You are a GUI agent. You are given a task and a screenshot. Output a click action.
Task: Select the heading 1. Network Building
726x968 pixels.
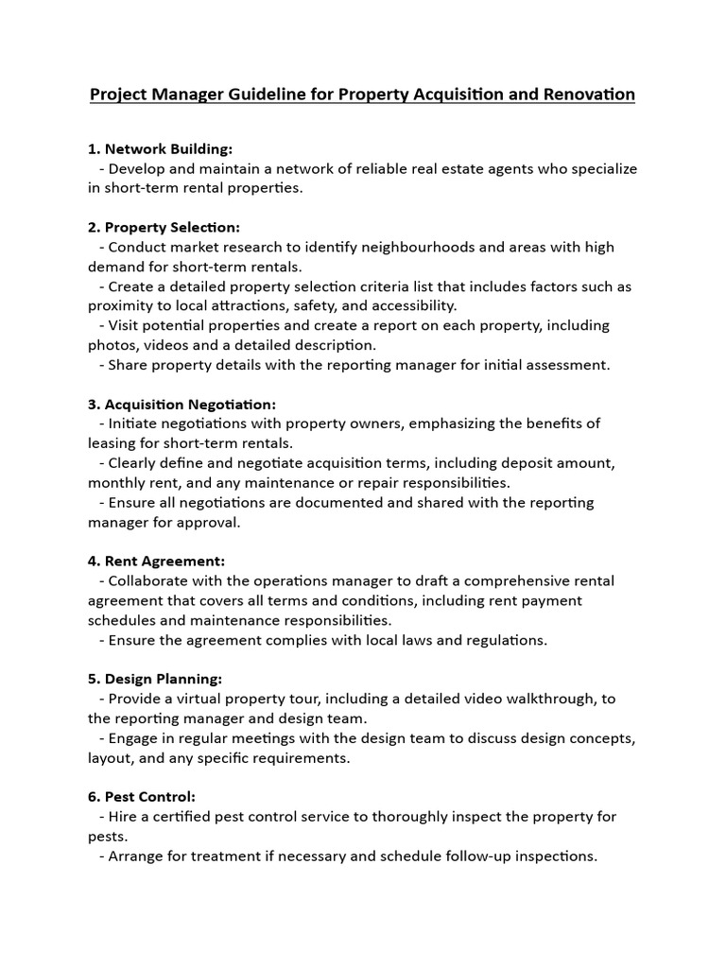tap(160, 149)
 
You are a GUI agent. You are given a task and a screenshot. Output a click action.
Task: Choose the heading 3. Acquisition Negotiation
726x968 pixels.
tap(181, 404)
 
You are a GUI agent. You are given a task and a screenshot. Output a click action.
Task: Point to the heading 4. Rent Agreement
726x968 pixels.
tap(156, 561)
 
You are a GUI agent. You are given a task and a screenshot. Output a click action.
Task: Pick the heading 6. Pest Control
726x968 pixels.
tap(142, 797)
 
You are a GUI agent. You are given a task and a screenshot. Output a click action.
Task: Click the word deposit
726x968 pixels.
tap(529, 463)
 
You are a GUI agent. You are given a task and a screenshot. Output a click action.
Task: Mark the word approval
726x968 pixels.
tap(213, 522)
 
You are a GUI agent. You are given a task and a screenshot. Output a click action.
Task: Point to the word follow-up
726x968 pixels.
tap(468, 856)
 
